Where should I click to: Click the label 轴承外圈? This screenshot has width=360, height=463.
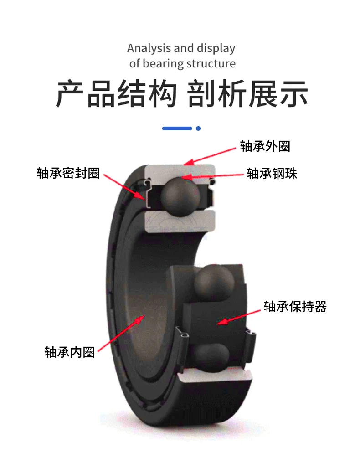[x=265, y=146]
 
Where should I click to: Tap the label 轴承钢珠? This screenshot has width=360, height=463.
[x=272, y=173]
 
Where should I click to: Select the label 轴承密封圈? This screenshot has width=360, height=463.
[x=68, y=173]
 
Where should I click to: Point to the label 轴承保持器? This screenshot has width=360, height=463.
[x=295, y=307]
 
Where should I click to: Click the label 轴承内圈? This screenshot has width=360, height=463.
[x=70, y=352]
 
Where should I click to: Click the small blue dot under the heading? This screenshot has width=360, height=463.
[x=198, y=129]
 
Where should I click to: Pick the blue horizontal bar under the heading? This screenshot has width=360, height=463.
[x=177, y=129]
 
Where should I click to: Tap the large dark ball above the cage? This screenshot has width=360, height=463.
[x=214, y=283]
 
